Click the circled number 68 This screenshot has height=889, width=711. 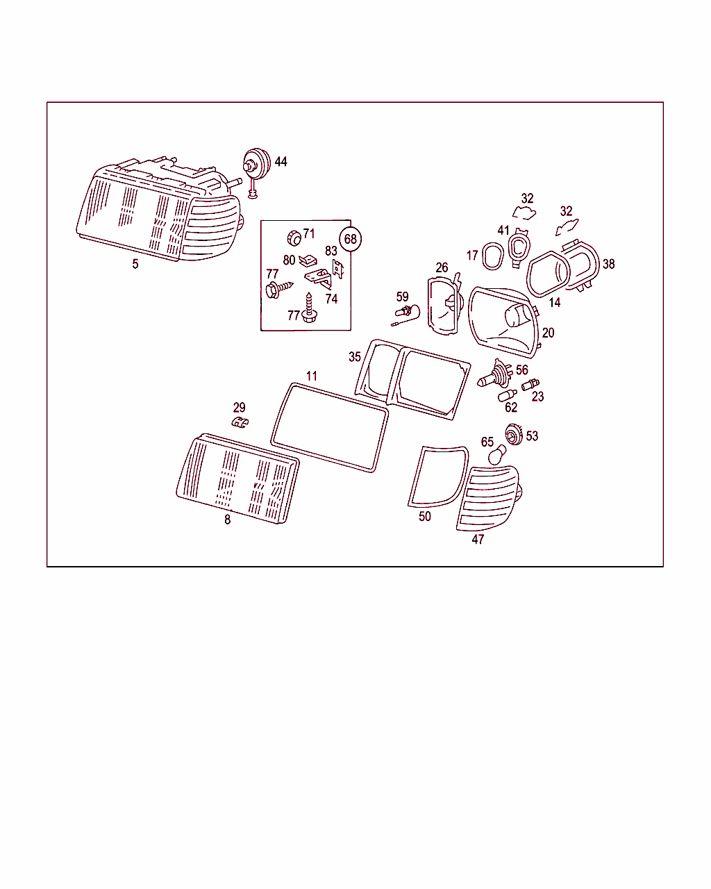click(x=350, y=239)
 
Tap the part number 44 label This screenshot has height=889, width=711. click(x=281, y=162)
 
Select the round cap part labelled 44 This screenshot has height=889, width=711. click(x=256, y=164)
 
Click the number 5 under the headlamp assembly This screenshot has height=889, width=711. click(x=135, y=264)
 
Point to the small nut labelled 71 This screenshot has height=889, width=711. click(x=294, y=238)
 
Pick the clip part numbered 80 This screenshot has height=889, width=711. click(x=308, y=260)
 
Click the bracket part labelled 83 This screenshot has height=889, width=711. click(x=338, y=269)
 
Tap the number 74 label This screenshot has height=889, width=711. click(x=331, y=298)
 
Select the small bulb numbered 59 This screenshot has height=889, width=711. click(x=405, y=315)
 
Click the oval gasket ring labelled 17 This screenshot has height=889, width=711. click(x=493, y=256)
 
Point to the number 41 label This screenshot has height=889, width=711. click(x=503, y=231)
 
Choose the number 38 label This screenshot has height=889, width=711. click(x=608, y=264)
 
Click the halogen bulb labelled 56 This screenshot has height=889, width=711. click(x=495, y=373)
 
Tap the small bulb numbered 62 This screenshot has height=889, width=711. click(x=508, y=395)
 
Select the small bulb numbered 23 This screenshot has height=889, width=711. click(x=530, y=384)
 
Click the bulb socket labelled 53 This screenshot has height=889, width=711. click(x=515, y=435)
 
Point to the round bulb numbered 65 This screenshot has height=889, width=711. click(x=497, y=455)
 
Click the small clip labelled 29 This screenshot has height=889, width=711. click(x=240, y=422)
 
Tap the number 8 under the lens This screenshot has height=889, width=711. click(x=227, y=520)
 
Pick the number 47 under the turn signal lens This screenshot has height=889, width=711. click(x=478, y=539)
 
